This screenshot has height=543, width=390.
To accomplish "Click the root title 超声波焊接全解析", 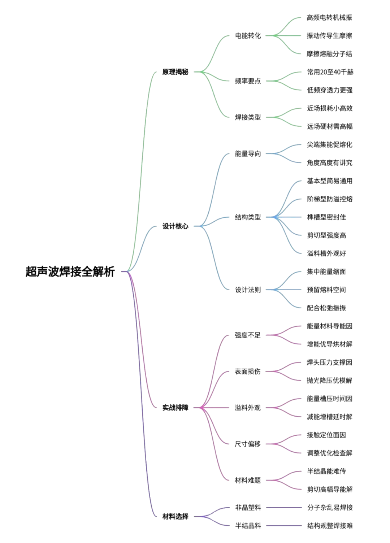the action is point(70,271).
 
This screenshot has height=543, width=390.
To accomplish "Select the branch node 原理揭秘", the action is point(175,72).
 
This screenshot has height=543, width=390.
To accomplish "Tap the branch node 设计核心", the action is point(175,226).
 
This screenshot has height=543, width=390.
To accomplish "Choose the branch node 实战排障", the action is point(175,408).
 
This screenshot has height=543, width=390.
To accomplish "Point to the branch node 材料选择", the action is point(175,517).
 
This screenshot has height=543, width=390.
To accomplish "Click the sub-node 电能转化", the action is point(248,36).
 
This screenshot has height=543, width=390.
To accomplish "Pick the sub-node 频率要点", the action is point(248,81).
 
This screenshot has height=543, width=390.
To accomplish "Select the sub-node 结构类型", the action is point(248,217).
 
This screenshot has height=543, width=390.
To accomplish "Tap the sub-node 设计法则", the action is point(248,290).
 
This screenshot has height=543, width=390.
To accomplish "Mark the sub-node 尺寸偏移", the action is point(248,444).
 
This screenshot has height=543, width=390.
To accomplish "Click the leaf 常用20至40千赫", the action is point(330,72).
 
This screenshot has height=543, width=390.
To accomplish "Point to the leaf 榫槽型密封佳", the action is point(326,217).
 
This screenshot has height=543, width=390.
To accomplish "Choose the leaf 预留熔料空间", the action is point(326,290).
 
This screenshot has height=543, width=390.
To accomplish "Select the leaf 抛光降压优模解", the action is point(330,381).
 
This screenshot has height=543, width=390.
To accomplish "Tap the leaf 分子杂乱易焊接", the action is point(330,508).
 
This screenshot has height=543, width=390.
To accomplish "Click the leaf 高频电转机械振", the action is point(330,17).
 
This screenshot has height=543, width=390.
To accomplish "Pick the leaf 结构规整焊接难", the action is point(330,526).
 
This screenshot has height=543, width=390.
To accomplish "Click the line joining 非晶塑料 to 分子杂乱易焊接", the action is point(284,508).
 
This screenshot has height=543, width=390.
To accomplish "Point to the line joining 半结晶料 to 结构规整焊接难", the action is point(284,526).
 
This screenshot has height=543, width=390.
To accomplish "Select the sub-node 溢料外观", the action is point(248,408).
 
